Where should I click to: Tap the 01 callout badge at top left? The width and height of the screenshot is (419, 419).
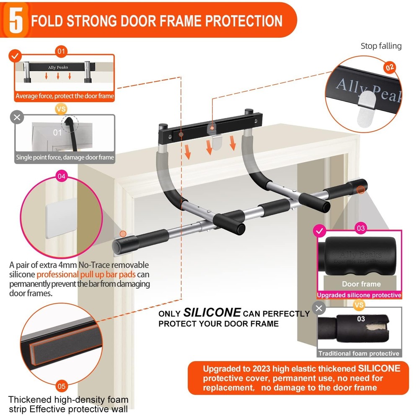click(61, 52)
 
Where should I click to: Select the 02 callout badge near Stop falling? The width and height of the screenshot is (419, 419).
click(389, 67)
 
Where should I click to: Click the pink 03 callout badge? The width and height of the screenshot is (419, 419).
click(360, 228)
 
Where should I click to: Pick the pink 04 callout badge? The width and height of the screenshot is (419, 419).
click(61, 176)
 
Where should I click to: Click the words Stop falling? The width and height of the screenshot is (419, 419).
click(381, 46)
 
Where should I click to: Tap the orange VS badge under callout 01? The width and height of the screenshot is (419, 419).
click(61, 109)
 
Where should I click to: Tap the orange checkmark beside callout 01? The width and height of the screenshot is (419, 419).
click(16, 55)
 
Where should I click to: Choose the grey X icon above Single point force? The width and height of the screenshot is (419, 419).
click(17, 117)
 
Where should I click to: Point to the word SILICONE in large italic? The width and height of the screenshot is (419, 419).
click(212, 313)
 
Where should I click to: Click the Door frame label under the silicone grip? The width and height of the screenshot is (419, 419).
click(361, 284)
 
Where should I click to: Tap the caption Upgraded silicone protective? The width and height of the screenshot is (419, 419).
click(359, 295)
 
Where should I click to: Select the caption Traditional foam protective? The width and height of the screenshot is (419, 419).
click(359, 353)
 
